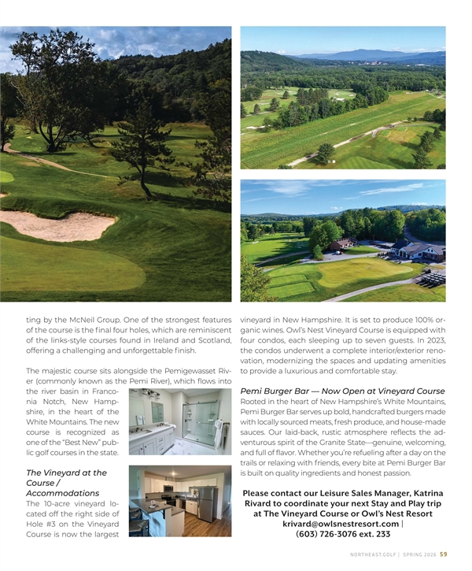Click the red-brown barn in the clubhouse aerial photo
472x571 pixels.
click(x=341, y=245)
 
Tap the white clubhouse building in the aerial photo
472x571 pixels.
click(x=417, y=250)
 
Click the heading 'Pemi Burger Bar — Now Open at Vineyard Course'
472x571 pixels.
click(x=342, y=391)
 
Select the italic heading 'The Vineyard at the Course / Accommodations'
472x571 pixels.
click(x=67, y=483)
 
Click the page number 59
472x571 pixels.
click(x=444, y=553)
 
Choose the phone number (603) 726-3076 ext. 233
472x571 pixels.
click(x=343, y=534)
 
